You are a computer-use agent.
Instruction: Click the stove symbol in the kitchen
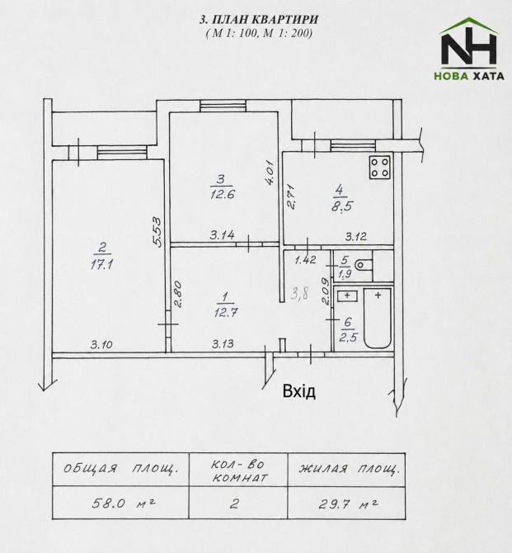pyautogui.click(x=379, y=168)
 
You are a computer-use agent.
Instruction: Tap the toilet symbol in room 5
pyautogui.click(x=364, y=265)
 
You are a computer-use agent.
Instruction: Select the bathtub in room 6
pyautogui.click(x=377, y=318)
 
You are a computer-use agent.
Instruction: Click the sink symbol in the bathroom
pyautogui.click(x=347, y=295)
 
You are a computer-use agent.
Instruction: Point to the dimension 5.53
pyautogui.click(x=157, y=232)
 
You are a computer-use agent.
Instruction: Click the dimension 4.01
pyautogui.click(x=270, y=173)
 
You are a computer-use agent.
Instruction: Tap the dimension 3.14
pyautogui.click(x=223, y=235)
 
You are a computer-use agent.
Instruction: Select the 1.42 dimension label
pyautogui.click(x=306, y=260)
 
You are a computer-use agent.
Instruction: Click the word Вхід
pyautogui.click(x=299, y=391)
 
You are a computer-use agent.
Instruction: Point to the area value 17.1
pyautogui.click(x=101, y=264)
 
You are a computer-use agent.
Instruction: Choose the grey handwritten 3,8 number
pyautogui.click(x=300, y=293)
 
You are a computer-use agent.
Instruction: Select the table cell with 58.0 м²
pyautogui.click(x=120, y=503)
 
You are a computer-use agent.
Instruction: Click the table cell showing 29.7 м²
pyautogui.click(x=346, y=503)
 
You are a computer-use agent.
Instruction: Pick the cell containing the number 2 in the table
pyautogui.click(x=238, y=503)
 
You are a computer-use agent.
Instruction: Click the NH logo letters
pyautogui.click(x=469, y=49)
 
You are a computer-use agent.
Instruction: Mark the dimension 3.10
pyautogui.click(x=101, y=344)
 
